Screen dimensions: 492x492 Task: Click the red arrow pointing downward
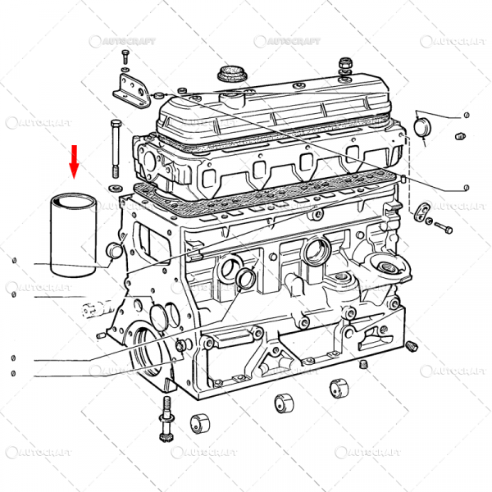pyautogui.click(x=75, y=161)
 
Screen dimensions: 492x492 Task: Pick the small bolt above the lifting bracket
pyautogui.click(x=125, y=57)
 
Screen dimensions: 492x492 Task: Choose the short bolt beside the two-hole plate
pyautogui.click(x=444, y=225)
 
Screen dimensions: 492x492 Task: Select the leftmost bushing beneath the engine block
pyautogui.click(x=200, y=424)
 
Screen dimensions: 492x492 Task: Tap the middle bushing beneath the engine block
pyautogui.click(x=283, y=403)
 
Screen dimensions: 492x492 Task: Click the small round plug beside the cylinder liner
pyautogui.click(x=114, y=250)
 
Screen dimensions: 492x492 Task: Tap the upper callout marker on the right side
pyautogui.click(x=466, y=115)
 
